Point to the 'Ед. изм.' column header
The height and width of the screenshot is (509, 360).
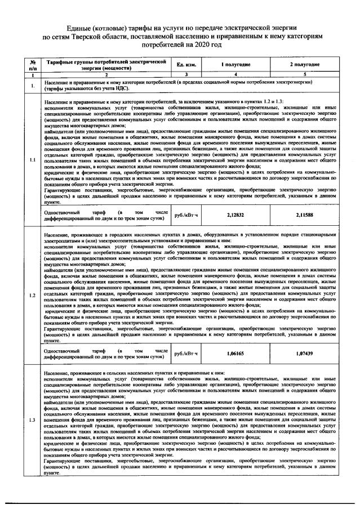pos(186,65)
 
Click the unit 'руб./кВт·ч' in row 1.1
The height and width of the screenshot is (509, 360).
pos(186,215)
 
